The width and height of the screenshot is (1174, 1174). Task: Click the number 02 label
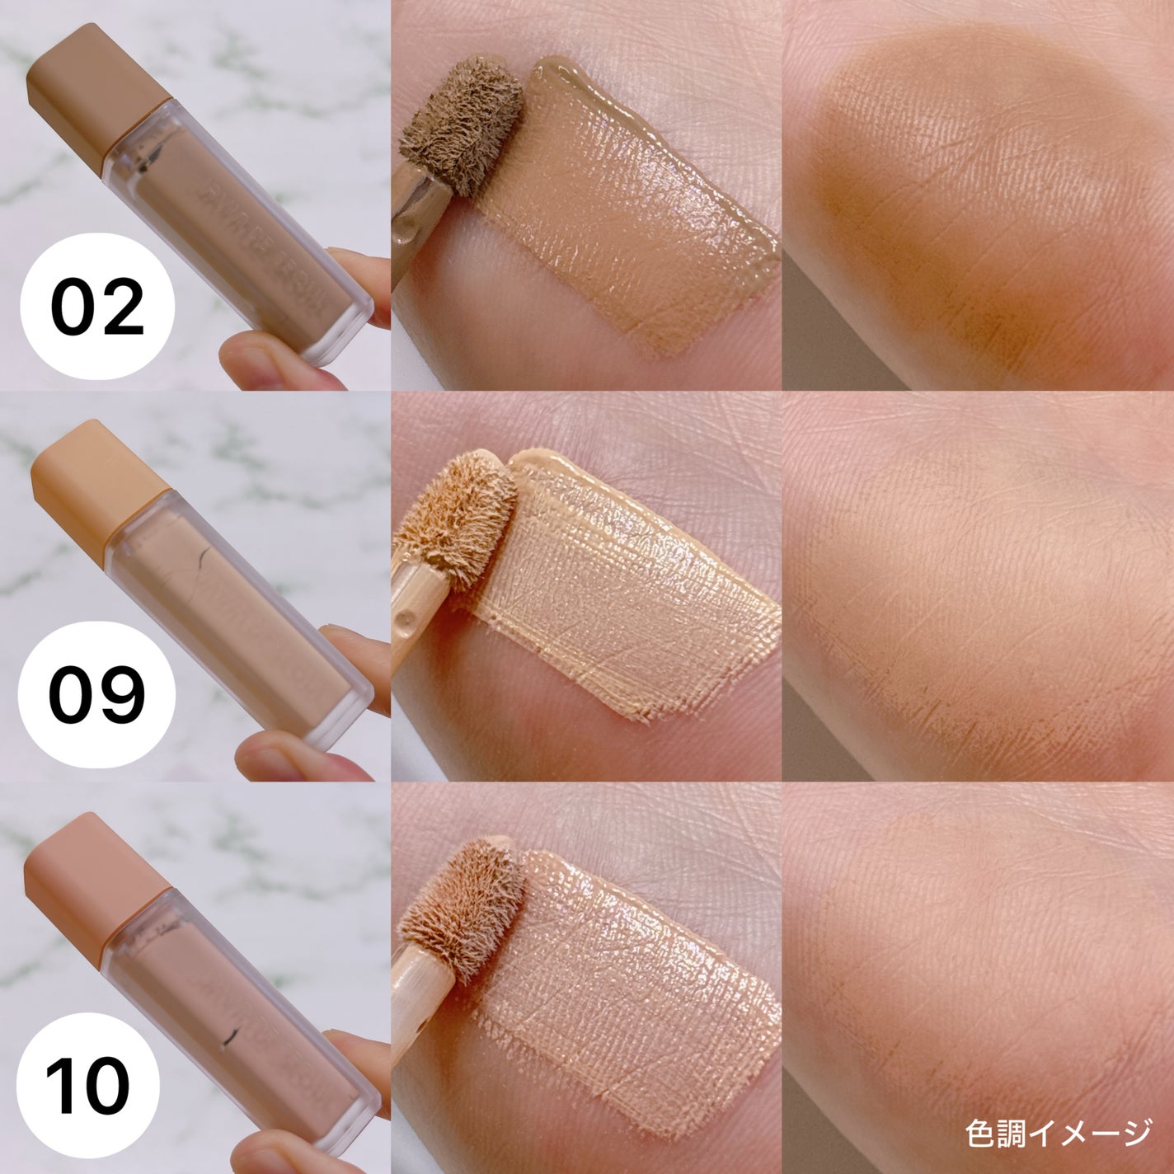(x=97, y=308)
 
